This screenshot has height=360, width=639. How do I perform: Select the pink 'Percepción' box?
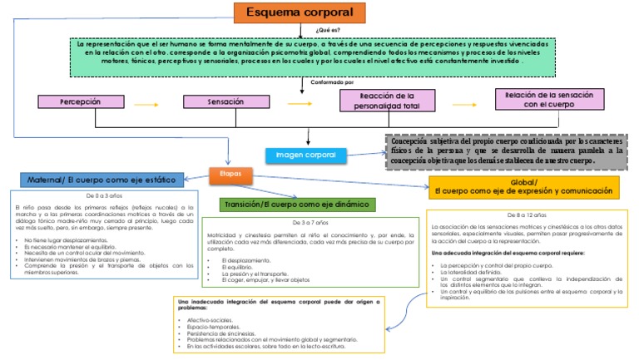(80, 101)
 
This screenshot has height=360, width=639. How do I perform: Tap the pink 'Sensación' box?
(226, 101)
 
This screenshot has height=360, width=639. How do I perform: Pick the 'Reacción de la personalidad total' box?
(387, 101)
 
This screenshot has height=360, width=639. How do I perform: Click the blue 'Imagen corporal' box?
(306, 155)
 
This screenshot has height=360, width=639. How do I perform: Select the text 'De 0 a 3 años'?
(103, 195)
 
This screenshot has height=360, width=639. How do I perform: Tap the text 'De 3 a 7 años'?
(308, 224)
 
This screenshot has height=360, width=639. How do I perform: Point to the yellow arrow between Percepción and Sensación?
(146, 105)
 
